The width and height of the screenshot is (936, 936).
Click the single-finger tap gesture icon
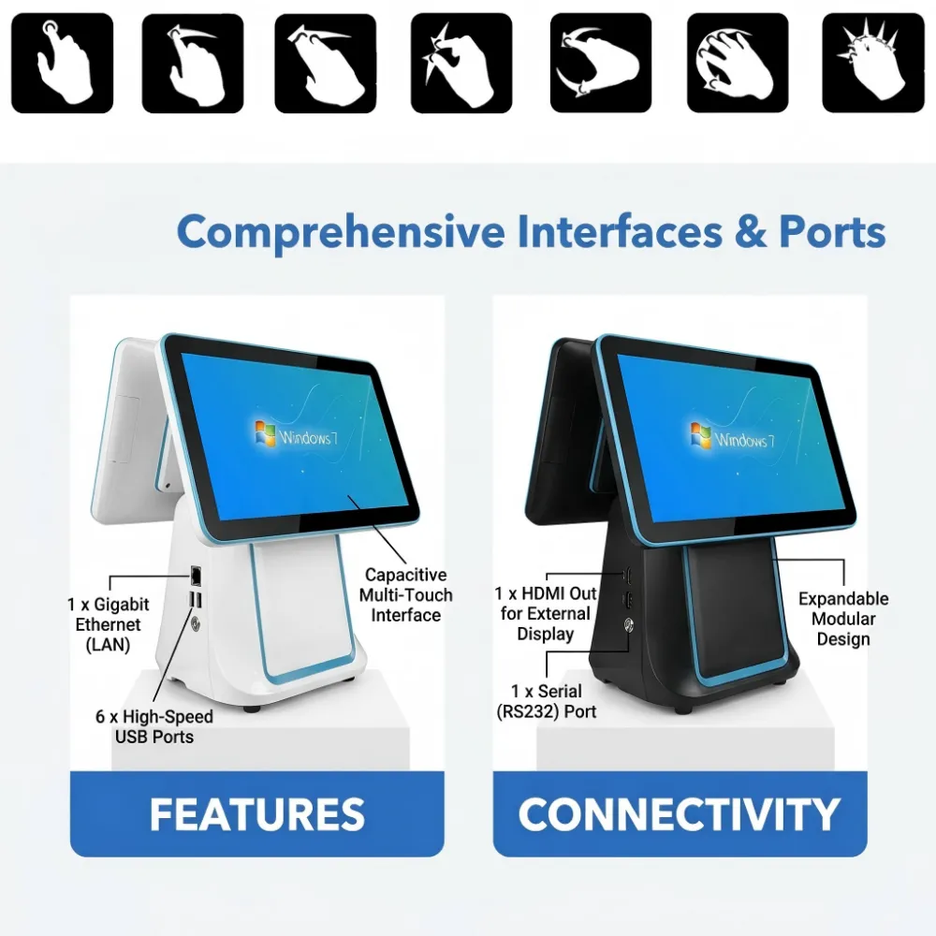[62, 63]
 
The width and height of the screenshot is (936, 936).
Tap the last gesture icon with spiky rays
[872, 63]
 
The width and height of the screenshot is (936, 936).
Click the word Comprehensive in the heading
[341, 233]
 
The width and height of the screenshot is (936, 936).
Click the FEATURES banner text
[257, 814]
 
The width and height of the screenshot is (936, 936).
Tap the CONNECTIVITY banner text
[680, 814]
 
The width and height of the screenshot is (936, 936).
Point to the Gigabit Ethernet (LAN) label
[108, 624]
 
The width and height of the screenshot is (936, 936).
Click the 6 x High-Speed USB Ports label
[154, 726]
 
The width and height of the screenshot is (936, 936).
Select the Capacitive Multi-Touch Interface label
[406, 595]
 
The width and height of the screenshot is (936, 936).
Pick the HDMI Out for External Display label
[545, 614]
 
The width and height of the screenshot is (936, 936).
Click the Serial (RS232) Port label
[547, 701]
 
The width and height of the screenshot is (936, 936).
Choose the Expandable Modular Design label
[843, 619]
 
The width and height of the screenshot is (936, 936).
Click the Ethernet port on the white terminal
[196, 576]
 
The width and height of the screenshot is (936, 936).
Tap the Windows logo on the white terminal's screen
[265, 432]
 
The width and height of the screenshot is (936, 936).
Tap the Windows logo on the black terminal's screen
[701, 435]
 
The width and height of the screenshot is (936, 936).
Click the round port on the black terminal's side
[629, 625]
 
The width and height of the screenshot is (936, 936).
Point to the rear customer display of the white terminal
[128, 430]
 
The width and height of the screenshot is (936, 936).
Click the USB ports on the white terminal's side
[196, 600]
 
